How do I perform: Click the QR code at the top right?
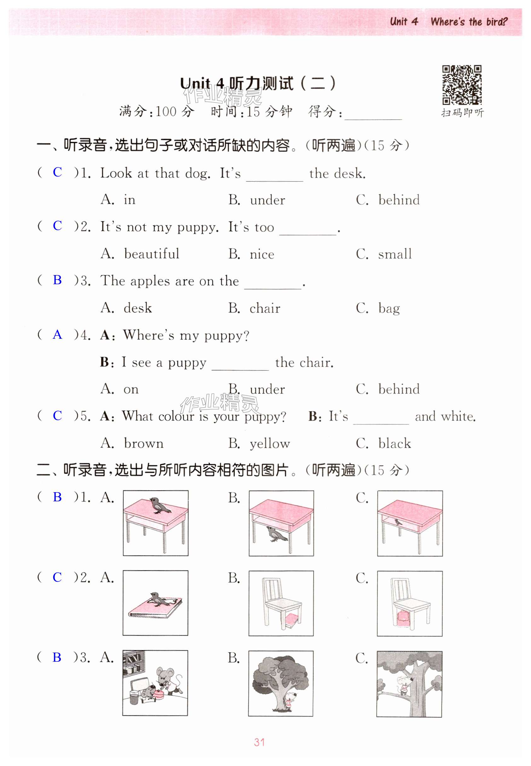coord(461,85)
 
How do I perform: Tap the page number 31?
coord(259,742)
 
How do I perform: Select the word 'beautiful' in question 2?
coord(151,254)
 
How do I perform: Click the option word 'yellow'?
coord(270,444)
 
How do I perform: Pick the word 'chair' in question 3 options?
coord(265,308)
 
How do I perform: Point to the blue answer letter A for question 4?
coord(57,335)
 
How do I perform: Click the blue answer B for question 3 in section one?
coord(57,280)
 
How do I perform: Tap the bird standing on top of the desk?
coord(157,505)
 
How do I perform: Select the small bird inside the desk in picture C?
coord(397,522)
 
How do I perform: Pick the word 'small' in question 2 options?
coord(395,254)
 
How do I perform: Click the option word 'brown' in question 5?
coord(144,444)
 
